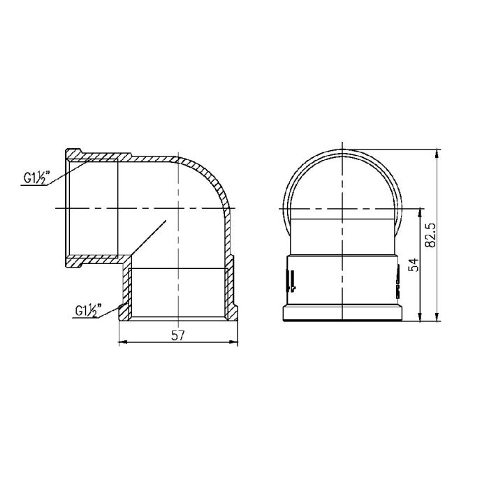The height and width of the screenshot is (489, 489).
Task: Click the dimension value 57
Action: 177,335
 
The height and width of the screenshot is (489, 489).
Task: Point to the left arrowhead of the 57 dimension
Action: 123,342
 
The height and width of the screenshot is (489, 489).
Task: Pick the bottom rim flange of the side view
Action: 343,314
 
